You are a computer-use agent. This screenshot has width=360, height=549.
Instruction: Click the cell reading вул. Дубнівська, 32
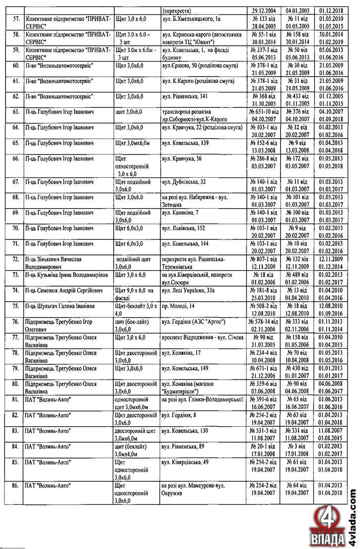click(184, 181)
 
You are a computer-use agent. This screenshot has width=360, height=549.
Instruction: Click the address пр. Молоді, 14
click(178, 306)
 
